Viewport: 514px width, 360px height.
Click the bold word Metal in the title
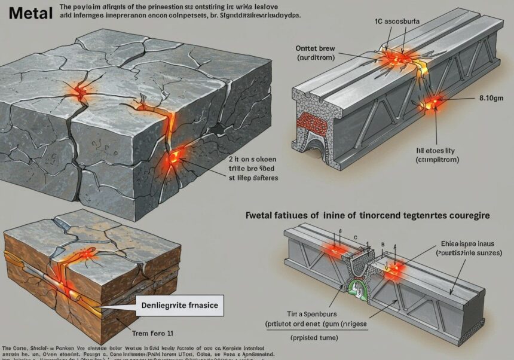click(x=26, y=13)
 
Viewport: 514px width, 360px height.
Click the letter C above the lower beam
click(x=355, y=237)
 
